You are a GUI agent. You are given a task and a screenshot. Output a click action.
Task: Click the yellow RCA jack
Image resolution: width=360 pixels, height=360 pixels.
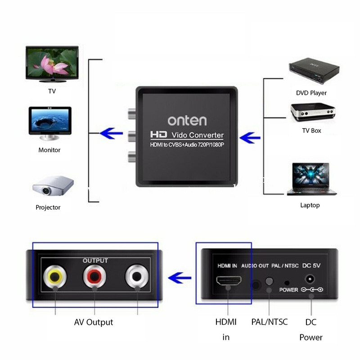[55, 276]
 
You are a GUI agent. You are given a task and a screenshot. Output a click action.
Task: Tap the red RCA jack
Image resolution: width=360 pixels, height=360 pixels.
[94, 276]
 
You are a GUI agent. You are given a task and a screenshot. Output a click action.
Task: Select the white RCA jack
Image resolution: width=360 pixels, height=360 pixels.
[137, 276]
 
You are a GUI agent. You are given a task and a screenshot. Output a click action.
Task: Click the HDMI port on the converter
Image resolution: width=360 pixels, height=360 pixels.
[229, 280]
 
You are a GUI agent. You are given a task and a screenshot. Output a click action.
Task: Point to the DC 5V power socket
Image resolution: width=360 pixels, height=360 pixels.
[310, 279]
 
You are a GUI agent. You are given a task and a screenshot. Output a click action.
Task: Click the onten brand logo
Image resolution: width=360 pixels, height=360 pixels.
[187, 121]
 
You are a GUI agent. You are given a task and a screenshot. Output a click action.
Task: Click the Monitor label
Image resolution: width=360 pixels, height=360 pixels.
[49, 150]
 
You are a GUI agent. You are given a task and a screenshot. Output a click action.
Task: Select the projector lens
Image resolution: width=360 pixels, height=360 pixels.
[46, 190]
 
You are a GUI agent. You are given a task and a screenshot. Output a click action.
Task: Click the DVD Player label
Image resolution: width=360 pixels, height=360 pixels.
[311, 93]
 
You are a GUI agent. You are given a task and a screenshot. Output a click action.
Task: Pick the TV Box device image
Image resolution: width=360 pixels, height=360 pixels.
[313, 112]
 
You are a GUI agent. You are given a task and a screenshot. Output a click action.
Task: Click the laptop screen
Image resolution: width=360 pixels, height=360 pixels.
[311, 175]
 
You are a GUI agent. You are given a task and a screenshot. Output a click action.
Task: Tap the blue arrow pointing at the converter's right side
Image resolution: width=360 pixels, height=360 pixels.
[250, 138]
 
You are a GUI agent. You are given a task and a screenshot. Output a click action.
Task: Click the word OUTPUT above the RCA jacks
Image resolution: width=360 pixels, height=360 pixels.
[95, 261]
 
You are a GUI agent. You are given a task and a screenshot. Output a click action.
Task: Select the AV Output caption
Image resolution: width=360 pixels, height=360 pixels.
[94, 322]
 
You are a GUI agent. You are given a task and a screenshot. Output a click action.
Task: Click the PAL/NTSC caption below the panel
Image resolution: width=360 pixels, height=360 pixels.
[270, 322]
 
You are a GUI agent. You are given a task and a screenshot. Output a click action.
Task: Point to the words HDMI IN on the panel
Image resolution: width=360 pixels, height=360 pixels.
[227, 266]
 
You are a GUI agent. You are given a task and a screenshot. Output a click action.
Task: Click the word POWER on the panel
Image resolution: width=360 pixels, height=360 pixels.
[288, 290]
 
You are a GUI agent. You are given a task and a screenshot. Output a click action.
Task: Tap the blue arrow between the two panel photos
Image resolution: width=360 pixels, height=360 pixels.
[180, 278]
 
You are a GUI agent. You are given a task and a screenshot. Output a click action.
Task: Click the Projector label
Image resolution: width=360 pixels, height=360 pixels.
[48, 207]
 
